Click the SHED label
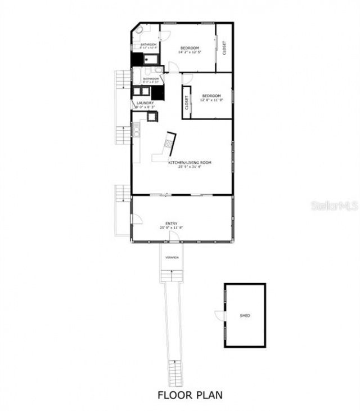tap(245, 316)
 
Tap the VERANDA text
tap(172, 257)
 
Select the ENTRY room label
tap(172, 224)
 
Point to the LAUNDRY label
tap(145, 103)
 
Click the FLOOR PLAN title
tap(190, 395)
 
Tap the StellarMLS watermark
tap(334, 206)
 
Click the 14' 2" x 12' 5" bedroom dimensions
tap(189, 52)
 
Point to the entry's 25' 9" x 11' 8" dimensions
tap(172, 228)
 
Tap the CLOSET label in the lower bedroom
tap(186, 102)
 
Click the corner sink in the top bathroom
tap(138, 30)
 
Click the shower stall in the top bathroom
tap(147, 59)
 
